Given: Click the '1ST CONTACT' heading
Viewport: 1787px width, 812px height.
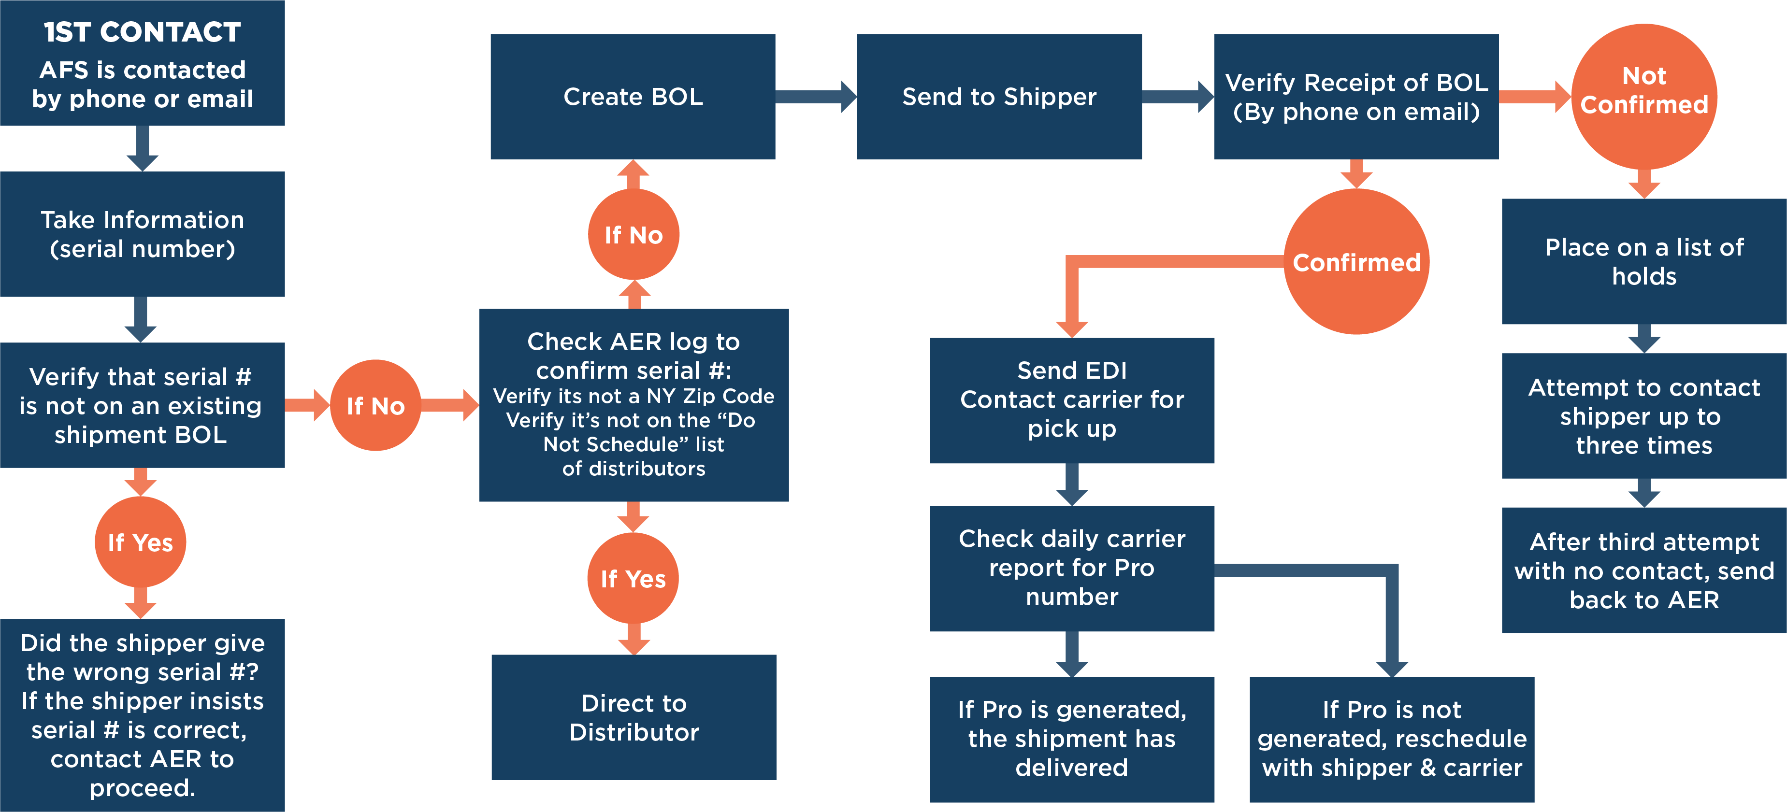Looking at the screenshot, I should [142, 32].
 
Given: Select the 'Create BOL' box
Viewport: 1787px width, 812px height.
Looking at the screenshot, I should [633, 97].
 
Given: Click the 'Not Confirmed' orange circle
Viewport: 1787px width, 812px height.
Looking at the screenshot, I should [1643, 91].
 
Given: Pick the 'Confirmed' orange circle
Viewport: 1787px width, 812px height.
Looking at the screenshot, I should [1356, 262].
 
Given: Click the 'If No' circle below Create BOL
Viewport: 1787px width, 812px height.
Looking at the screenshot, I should [634, 235].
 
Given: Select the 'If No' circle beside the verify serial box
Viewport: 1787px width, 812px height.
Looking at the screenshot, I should [375, 406].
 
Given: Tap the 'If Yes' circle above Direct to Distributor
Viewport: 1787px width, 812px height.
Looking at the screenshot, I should [634, 578].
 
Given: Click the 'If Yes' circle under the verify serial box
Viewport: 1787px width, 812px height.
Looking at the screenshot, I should [140, 542].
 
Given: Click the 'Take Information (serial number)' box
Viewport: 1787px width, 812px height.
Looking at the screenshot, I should [142, 234].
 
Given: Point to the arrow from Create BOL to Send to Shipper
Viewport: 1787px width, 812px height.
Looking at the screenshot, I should [816, 97].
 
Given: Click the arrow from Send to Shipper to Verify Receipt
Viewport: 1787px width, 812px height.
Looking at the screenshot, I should [1177, 97].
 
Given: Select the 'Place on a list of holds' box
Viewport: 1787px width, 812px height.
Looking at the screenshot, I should [1643, 261].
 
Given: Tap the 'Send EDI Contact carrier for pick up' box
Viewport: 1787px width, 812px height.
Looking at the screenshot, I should [1072, 400].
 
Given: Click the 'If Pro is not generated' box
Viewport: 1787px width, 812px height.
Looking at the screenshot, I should [1392, 739].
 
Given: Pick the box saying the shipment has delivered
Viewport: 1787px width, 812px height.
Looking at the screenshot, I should [1072, 739].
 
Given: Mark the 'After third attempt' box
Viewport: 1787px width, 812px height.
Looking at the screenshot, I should [1643, 570].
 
